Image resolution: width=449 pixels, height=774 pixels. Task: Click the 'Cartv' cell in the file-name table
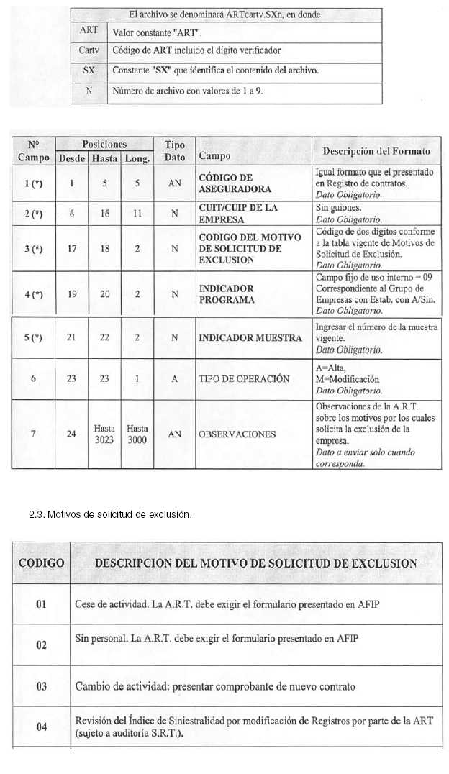click(89, 51)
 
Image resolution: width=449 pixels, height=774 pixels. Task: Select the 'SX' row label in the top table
click(89, 71)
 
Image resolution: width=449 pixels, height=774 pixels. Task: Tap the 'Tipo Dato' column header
click(175, 151)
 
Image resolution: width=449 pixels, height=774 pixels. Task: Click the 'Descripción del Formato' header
click(376, 151)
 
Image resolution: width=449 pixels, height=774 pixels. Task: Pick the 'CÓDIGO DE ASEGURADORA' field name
click(225, 183)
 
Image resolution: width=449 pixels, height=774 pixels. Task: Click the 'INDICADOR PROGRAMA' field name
click(227, 294)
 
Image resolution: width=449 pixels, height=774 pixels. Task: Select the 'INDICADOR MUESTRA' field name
click(250, 338)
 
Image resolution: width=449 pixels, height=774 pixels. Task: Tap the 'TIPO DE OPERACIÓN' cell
click(244, 379)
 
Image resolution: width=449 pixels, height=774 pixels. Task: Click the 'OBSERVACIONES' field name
click(237, 434)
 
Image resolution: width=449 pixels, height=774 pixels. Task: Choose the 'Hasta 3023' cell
click(104, 434)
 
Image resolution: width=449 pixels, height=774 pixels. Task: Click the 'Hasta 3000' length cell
click(137, 434)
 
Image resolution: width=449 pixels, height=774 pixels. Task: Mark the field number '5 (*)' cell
click(33, 338)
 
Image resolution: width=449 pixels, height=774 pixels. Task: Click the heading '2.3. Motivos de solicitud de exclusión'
click(110, 515)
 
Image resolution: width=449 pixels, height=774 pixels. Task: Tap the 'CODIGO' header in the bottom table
click(41, 563)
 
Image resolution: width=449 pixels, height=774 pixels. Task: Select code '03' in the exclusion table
click(41, 686)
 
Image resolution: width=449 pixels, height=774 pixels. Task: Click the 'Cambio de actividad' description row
click(215, 686)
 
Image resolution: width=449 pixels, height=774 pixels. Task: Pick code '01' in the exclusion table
click(41, 604)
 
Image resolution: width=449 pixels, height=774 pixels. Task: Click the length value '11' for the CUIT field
click(137, 214)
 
